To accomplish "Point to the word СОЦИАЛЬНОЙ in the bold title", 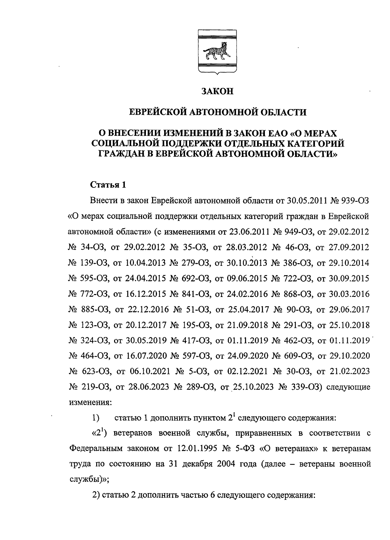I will pyautogui.click(x=125, y=143).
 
